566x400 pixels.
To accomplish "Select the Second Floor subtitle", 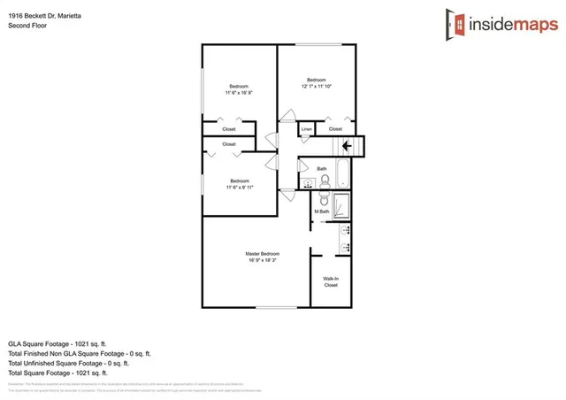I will coord(27,26).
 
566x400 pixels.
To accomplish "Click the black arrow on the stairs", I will coord(347,147).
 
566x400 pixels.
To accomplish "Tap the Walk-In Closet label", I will coord(331,282).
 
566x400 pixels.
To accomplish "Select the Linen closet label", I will coord(307,130).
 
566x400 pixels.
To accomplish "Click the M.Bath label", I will coord(322,211).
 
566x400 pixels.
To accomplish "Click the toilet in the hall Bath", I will coord(325,181).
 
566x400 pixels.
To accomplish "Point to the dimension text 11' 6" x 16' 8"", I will coord(239,92).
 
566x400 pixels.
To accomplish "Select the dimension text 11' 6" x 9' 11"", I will coord(239,187).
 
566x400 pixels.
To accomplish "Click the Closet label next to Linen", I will coord(336,130).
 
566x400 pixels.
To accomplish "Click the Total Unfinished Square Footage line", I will coord(69,363).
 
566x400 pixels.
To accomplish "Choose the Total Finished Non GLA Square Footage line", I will coord(79,353).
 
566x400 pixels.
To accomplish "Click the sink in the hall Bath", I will coord(308,183).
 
